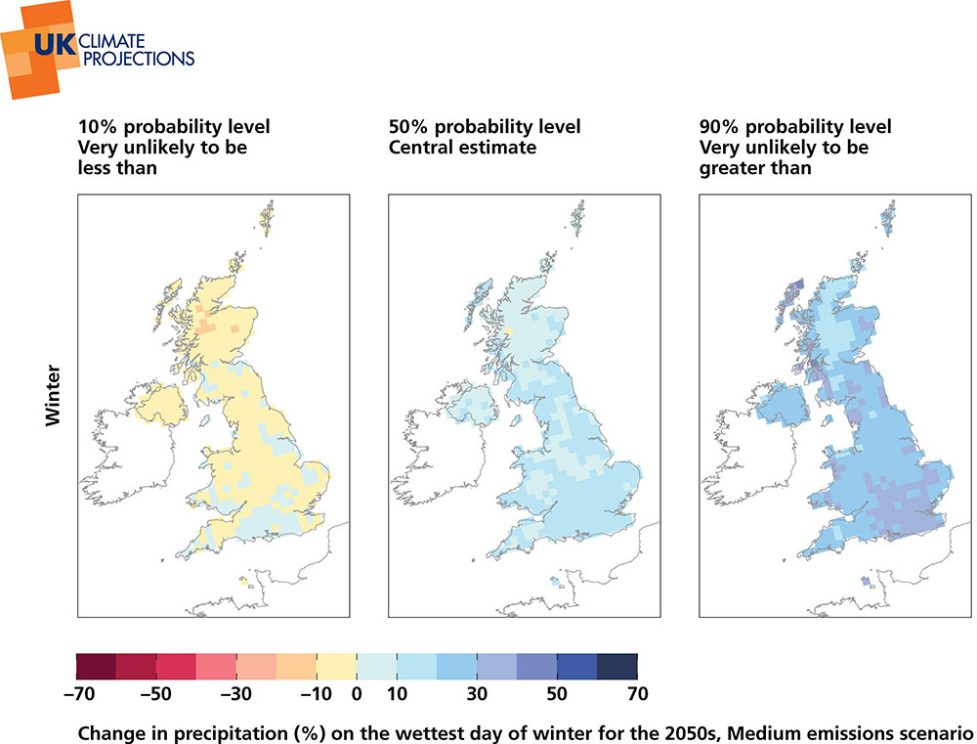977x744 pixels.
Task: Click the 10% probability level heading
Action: tap(174, 127)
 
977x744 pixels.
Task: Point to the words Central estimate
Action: tap(463, 148)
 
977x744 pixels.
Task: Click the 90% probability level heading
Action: tap(795, 127)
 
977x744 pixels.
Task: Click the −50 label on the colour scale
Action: tap(155, 694)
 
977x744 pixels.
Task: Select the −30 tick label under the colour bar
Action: tap(235, 694)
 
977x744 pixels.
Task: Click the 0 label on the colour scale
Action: tap(357, 694)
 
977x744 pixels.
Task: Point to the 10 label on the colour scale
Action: tap(397, 694)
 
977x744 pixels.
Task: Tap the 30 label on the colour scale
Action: tap(477, 694)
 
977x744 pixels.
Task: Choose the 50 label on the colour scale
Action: tap(557, 694)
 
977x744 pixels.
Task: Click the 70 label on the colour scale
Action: tap(637, 694)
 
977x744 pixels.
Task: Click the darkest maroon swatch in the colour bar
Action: tap(96, 666)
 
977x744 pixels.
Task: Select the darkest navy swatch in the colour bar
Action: tap(616, 666)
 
